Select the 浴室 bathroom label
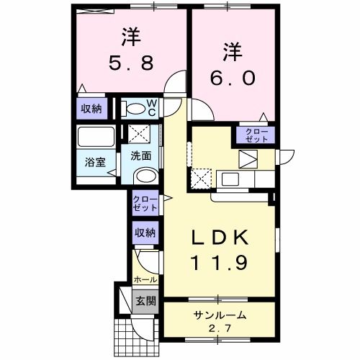click(96, 162)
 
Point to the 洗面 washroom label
click(140, 154)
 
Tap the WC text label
click(153, 108)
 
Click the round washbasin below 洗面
click(145, 177)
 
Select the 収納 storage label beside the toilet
click(91, 109)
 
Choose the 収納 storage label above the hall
click(144, 233)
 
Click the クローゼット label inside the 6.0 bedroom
click(256, 134)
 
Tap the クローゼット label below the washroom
click(144, 204)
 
